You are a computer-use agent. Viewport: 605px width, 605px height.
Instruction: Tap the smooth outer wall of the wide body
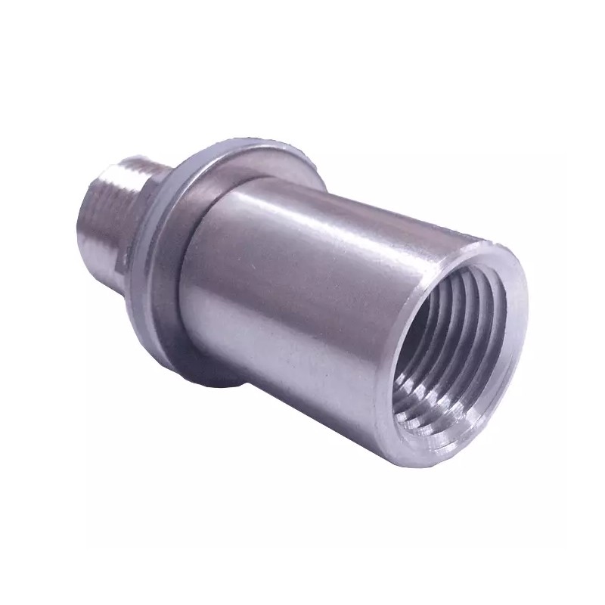tap(302, 302)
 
